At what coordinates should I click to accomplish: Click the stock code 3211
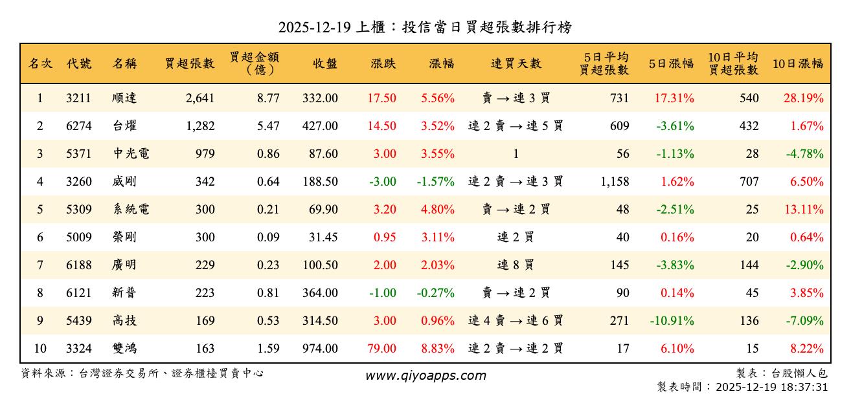click(x=78, y=98)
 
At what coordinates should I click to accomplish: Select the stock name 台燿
click(x=124, y=126)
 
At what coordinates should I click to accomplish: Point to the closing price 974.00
click(x=320, y=349)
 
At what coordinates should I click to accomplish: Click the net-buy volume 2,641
click(x=199, y=98)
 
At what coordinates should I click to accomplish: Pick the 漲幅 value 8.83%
click(x=438, y=349)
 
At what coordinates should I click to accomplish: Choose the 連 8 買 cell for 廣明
click(x=516, y=265)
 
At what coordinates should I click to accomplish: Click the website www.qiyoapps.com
click(x=425, y=375)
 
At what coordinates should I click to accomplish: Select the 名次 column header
click(x=40, y=63)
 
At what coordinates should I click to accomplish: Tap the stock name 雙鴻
click(x=124, y=349)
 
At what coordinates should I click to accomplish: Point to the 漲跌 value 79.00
click(x=381, y=349)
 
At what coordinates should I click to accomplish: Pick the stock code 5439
click(x=78, y=321)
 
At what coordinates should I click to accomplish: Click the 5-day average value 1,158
click(x=615, y=182)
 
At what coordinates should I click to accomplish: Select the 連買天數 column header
click(x=516, y=63)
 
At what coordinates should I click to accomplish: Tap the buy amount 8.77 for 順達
click(x=268, y=98)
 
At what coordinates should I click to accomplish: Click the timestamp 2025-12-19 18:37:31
click(x=771, y=387)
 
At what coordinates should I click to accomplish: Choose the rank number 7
click(x=40, y=265)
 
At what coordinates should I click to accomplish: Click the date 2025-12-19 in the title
click(x=315, y=28)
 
